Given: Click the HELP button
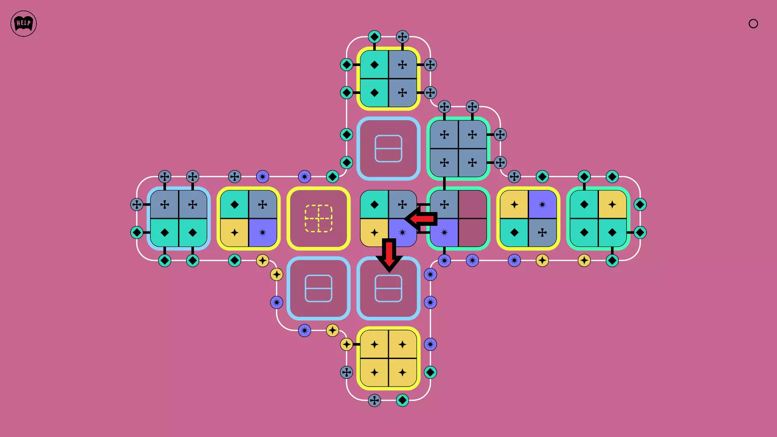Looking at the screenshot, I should [x=23, y=23].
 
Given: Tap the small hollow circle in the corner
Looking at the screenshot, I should [x=753, y=23].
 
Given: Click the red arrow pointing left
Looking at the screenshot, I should [x=421, y=219].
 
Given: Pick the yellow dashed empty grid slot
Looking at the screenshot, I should [x=318, y=218].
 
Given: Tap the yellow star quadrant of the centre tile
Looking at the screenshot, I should [x=374, y=233].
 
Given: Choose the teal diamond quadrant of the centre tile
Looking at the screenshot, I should [x=374, y=204].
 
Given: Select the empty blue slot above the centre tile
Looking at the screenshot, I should [x=388, y=148].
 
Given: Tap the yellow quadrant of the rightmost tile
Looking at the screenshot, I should [x=612, y=204].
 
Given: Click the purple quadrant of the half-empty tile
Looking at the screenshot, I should [x=444, y=233].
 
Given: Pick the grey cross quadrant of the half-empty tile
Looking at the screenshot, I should [x=444, y=204].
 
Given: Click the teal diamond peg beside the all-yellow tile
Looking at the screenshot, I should [x=430, y=372].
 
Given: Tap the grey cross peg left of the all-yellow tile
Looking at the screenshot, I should [x=346, y=372].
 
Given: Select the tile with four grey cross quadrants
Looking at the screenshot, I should [x=459, y=148].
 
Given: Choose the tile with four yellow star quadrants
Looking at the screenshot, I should [x=388, y=359].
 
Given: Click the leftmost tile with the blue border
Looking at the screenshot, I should [x=178, y=218].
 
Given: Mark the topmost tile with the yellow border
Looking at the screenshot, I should [x=388, y=78].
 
